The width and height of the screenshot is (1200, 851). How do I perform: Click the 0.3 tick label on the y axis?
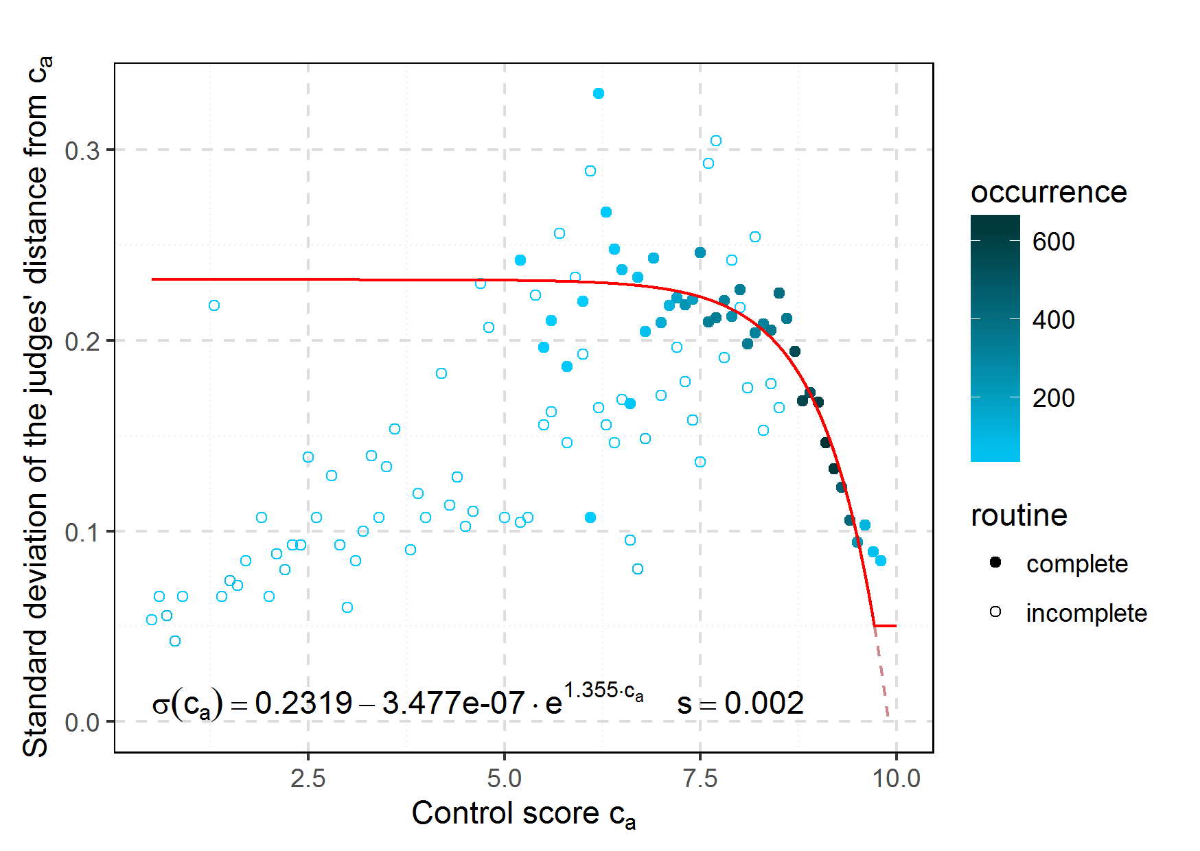click(82, 151)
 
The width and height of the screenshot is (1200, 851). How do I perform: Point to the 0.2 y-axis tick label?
click(82, 341)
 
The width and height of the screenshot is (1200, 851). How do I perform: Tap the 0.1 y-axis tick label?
click(82, 532)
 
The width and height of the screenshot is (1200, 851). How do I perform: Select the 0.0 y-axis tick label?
click(82, 723)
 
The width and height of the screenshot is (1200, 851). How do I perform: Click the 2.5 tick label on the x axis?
click(308, 778)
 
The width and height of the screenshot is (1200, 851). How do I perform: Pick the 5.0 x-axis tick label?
click(505, 778)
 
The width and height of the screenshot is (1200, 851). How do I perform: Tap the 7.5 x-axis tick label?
click(700, 778)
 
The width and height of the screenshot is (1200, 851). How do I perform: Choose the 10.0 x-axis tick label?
click(896, 778)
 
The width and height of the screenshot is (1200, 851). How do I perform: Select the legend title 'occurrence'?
click(1048, 192)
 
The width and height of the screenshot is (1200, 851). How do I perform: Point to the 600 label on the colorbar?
click(1053, 242)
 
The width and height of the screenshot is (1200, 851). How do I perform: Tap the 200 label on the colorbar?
click(1053, 398)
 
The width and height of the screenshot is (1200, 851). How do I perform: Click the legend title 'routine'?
click(1019, 515)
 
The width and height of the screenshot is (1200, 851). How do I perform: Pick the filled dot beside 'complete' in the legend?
click(995, 563)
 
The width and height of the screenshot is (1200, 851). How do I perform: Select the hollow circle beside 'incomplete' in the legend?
click(995, 611)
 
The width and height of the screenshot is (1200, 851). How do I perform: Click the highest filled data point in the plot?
click(599, 93)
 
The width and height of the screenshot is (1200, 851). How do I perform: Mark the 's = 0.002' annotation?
click(740, 703)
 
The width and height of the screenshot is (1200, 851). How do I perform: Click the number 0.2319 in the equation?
click(303, 703)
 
